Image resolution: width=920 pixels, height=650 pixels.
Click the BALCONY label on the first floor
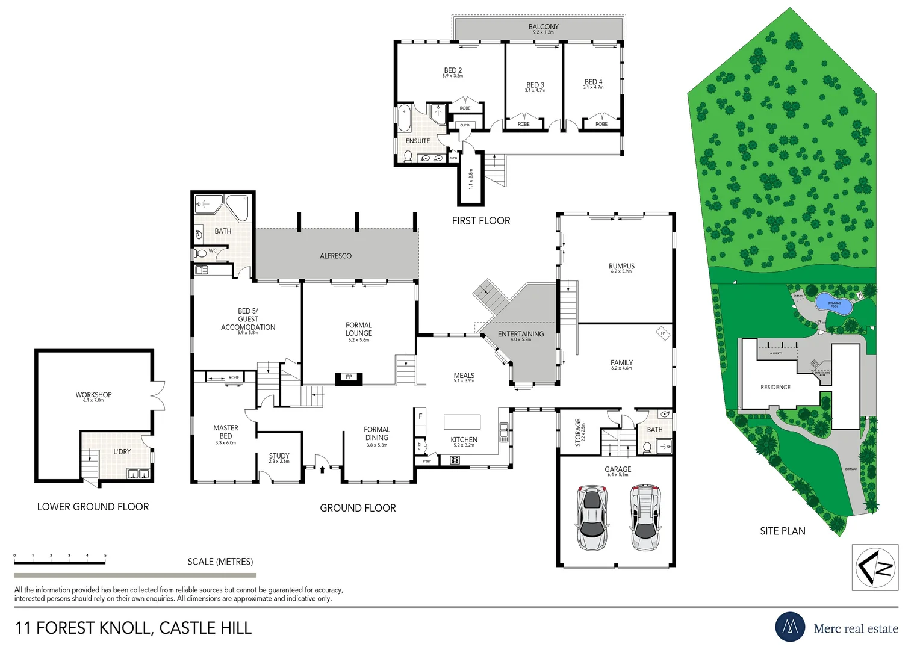543,27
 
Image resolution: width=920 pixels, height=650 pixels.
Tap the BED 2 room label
453,71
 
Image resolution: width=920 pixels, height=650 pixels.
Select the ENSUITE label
417,141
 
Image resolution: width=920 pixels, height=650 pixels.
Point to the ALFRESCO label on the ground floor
335,256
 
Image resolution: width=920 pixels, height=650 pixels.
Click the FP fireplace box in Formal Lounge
349,377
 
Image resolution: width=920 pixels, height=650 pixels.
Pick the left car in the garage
592,517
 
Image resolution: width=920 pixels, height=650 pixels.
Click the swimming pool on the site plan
834,304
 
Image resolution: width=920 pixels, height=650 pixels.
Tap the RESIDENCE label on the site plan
775,387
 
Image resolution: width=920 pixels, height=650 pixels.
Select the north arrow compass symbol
875,567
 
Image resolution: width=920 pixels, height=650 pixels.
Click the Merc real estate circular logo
790,627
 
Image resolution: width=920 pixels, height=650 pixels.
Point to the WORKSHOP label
93,395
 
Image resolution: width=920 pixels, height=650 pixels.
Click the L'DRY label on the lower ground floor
122,451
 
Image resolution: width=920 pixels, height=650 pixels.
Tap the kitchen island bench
462,421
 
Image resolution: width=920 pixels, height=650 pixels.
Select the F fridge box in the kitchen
420,416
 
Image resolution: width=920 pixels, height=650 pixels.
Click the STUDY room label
279,456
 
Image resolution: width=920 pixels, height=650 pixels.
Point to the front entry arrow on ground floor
322,468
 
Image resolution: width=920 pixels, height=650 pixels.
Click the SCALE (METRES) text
220,562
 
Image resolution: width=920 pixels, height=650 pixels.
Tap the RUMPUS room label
621,266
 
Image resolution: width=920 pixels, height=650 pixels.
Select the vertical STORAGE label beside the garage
578,432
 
